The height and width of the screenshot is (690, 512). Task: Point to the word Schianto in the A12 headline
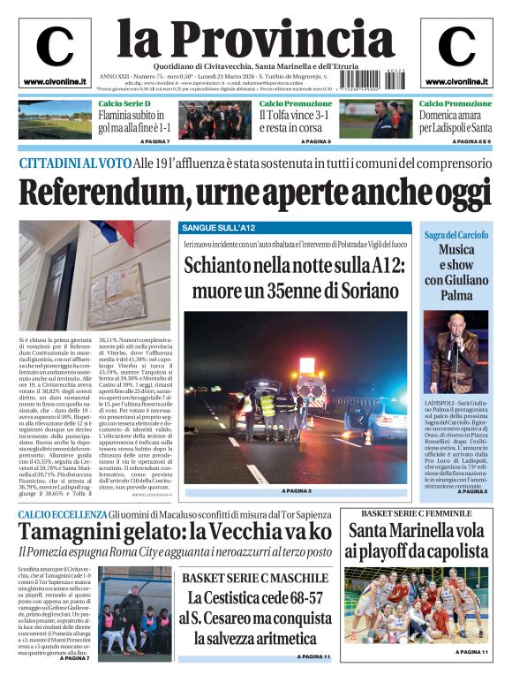220,264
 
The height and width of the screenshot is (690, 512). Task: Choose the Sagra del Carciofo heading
456,234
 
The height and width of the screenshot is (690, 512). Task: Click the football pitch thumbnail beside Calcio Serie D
55,119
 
